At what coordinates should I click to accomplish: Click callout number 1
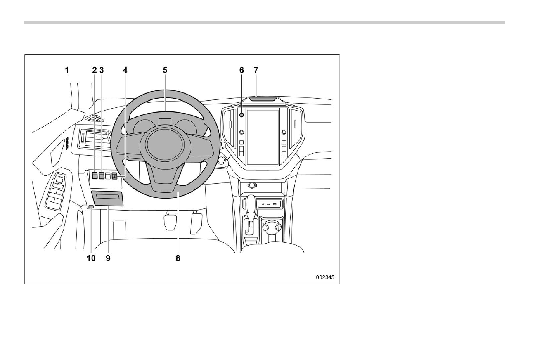coord(67,70)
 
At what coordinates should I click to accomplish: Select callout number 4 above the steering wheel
coord(125,70)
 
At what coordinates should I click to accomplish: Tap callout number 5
coord(165,70)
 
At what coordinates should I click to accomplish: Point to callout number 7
coord(256,70)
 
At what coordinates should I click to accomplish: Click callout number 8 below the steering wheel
coord(178,258)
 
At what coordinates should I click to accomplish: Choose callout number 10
coord(91,258)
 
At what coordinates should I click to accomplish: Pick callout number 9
coord(108,258)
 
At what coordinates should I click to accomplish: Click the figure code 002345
coord(325,277)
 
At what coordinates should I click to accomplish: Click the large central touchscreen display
coord(263,137)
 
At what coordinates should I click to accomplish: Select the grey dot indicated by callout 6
coord(241,115)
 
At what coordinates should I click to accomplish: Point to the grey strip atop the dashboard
coord(263,99)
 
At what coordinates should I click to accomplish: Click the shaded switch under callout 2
coord(95,175)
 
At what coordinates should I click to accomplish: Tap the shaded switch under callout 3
coord(102,175)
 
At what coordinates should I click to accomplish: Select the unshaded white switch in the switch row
coord(108,175)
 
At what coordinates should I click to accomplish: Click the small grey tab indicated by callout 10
coord(91,206)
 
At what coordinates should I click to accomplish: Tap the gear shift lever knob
coord(252,202)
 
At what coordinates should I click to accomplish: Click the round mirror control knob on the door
coord(59,180)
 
